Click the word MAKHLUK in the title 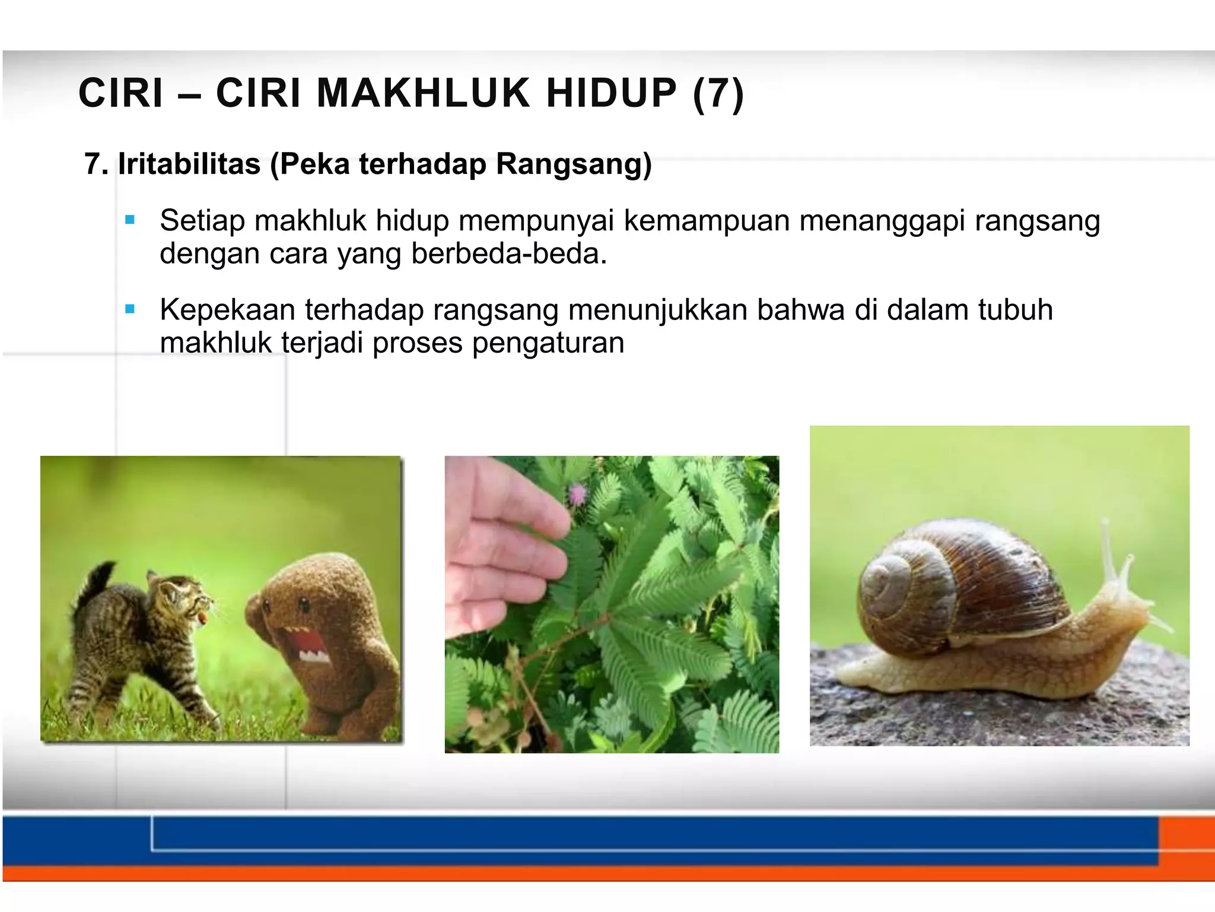(x=423, y=94)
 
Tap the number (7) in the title (x=718, y=94)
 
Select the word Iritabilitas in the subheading (x=189, y=164)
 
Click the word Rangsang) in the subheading (x=574, y=164)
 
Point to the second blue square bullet (x=131, y=309)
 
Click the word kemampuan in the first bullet (x=706, y=221)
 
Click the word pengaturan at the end (x=548, y=343)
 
